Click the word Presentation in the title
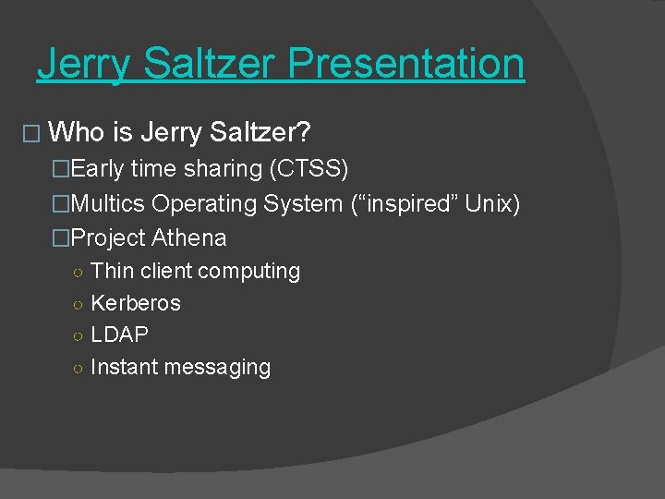click(x=405, y=64)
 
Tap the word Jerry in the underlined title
click(x=78, y=64)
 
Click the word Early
click(x=98, y=169)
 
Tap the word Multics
click(x=108, y=203)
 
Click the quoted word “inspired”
click(x=405, y=203)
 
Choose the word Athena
click(x=188, y=237)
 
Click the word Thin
click(x=113, y=271)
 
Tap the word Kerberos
click(x=136, y=303)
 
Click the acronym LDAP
click(x=119, y=335)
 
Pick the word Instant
click(x=124, y=367)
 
